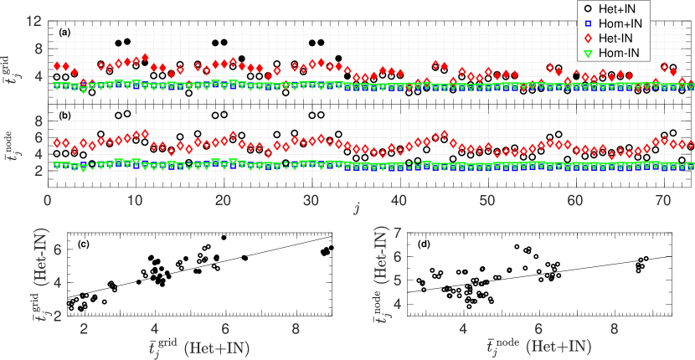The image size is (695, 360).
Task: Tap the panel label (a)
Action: point(64,33)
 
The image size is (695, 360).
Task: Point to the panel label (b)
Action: point(64,114)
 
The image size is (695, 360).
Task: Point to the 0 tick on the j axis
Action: point(47,200)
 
